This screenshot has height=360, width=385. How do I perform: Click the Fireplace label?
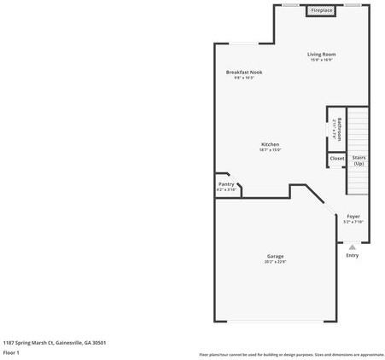tap(322, 10)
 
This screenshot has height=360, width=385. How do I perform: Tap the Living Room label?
tap(321, 55)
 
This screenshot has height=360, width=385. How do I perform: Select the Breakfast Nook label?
tap(244, 73)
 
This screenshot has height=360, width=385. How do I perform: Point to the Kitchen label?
tap(270, 144)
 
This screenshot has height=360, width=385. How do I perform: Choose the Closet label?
tap(337, 158)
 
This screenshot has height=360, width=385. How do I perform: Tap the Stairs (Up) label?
tap(359, 160)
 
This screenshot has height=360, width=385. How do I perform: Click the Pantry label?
tap(226, 184)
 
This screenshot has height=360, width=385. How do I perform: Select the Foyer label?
tap(353, 216)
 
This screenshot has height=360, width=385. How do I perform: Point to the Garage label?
tap(275, 256)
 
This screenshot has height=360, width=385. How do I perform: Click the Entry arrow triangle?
tap(353, 247)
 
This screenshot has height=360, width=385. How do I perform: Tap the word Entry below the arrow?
tap(353, 255)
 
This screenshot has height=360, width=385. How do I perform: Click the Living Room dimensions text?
tap(321, 61)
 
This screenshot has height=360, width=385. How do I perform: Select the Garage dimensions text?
tap(275, 262)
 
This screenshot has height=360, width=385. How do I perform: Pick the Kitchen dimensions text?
tap(270, 150)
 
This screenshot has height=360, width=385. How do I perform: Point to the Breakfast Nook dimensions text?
tap(244, 78)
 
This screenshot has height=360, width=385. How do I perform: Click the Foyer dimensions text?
tap(353, 222)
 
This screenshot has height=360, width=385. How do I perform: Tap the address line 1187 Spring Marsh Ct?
tap(54, 342)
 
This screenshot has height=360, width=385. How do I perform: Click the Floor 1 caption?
tap(11, 352)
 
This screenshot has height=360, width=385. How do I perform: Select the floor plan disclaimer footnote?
tap(291, 354)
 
